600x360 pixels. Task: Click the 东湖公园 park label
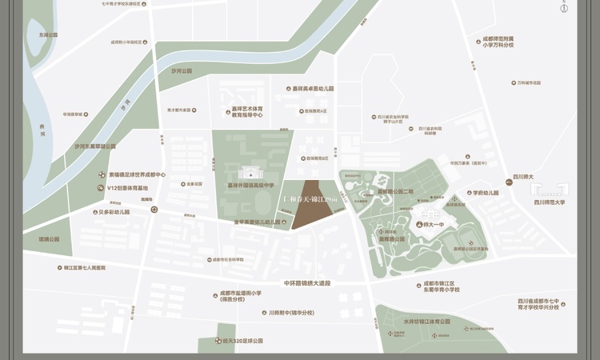click(x=43, y=35)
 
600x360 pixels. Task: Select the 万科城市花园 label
click(x=528, y=82)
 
